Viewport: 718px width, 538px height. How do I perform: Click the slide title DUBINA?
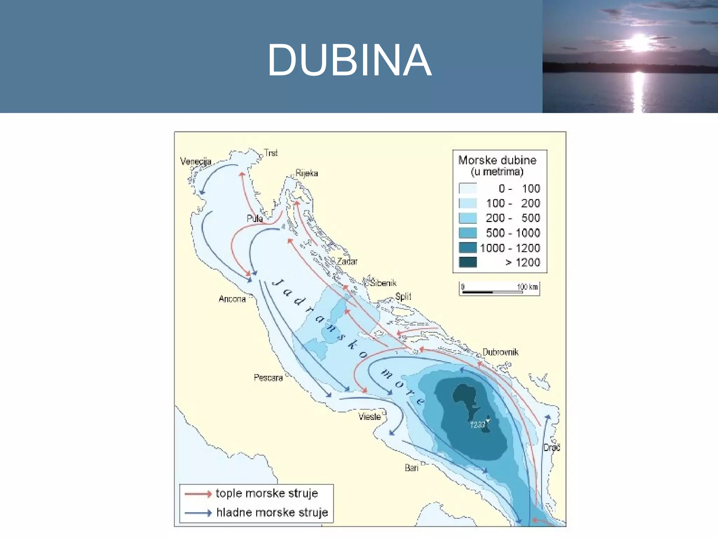pyautogui.click(x=349, y=60)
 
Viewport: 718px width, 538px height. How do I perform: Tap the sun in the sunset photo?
pyautogui.click(x=639, y=43)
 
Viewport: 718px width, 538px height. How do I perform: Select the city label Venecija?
pyautogui.click(x=196, y=161)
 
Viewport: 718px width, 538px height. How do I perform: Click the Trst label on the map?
pyautogui.click(x=271, y=153)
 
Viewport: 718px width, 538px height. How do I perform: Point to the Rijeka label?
pyautogui.click(x=306, y=173)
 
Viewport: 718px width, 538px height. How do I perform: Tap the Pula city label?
pyautogui.click(x=255, y=219)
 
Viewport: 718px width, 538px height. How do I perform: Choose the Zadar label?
pyautogui.click(x=347, y=261)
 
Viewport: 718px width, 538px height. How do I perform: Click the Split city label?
pyautogui.click(x=403, y=297)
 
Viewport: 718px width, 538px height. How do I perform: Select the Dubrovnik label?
pyautogui.click(x=500, y=352)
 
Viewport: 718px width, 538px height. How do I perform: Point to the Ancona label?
pyautogui.click(x=232, y=299)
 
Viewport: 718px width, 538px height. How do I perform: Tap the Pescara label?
pyautogui.click(x=268, y=378)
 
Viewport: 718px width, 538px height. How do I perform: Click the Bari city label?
pyautogui.click(x=412, y=468)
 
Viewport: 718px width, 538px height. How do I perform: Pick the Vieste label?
pyautogui.click(x=370, y=416)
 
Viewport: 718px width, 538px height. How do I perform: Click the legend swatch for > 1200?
pyautogui.click(x=468, y=262)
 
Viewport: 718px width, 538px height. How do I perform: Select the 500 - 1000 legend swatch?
pyautogui.click(x=468, y=233)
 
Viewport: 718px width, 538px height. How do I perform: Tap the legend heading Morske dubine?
pyautogui.click(x=497, y=160)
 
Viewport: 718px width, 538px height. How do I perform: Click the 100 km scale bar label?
pyautogui.click(x=527, y=287)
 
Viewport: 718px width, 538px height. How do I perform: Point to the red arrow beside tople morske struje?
pyautogui.click(x=198, y=494)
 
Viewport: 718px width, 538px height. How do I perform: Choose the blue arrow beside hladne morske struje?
pyautogui.click(x=198, y=513)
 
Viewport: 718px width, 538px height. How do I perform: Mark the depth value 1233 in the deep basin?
pyautogui.click(x=477, y=425)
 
